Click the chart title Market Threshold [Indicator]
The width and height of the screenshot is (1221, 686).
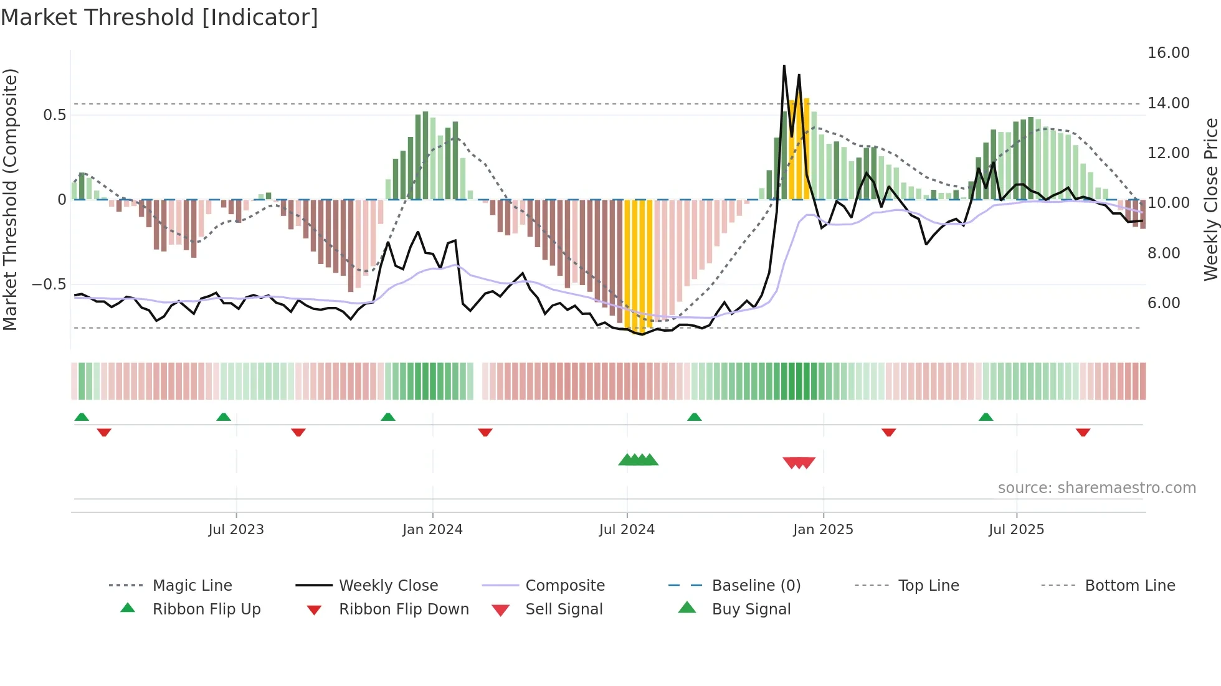pos(159,17)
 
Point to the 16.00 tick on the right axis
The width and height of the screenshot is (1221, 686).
pos(1168,53)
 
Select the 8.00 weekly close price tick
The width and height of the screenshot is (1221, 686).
pos(1163,253)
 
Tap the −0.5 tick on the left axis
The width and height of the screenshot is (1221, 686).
pos(49,284)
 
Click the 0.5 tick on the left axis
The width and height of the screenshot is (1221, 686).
pos(54,115)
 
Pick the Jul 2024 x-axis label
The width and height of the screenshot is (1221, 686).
pos(627,530)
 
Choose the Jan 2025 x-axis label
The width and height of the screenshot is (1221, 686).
pos(823,530)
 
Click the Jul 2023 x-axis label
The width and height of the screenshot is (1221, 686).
pos(236,530)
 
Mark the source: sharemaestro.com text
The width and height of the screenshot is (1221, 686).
pos(1096,488)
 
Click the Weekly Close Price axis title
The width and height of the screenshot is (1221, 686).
pos(1210,199)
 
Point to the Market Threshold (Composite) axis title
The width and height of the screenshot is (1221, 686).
pos(10,199)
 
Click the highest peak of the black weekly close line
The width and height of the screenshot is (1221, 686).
pos(784,65)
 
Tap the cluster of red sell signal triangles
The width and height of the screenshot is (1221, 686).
pos(799,463)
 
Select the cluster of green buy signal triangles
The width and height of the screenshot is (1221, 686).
pos(638,460)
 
